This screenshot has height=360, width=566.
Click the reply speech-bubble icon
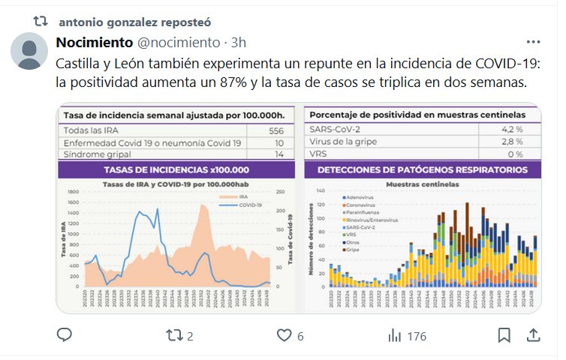65,335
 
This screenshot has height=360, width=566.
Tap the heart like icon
284,335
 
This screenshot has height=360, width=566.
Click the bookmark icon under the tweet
504,335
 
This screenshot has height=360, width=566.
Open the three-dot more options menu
534,42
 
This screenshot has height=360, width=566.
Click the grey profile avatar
29,52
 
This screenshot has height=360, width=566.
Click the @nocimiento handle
178,42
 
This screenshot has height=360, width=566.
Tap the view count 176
407,336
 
